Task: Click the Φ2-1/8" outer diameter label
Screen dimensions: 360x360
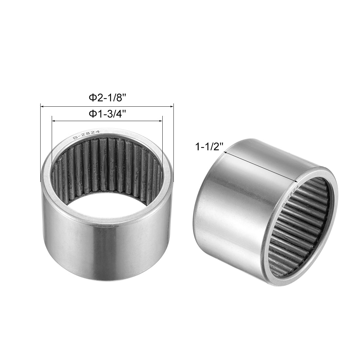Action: click(107, 98)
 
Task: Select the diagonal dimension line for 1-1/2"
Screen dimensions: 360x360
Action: click(260, 166)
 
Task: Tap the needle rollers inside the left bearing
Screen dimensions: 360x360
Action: click(108, 164)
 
